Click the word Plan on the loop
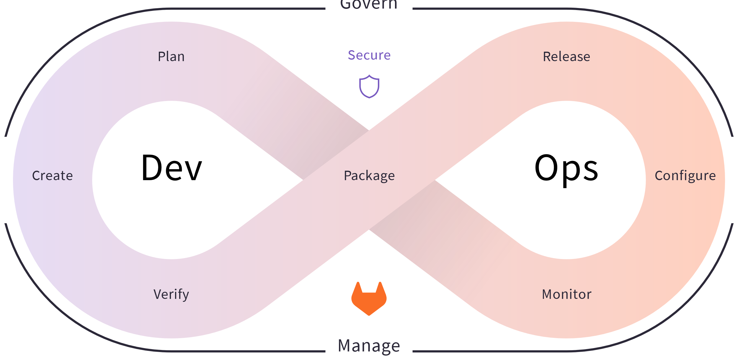[171, 56]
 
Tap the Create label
[53, 175]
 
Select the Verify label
[171, 294]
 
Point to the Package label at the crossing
[369, 175]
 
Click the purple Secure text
[369, 55]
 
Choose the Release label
[566, 56]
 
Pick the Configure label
[685, 175]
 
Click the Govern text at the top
[369, 4]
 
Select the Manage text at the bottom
[369, 345]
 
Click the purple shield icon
[369, 86]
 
